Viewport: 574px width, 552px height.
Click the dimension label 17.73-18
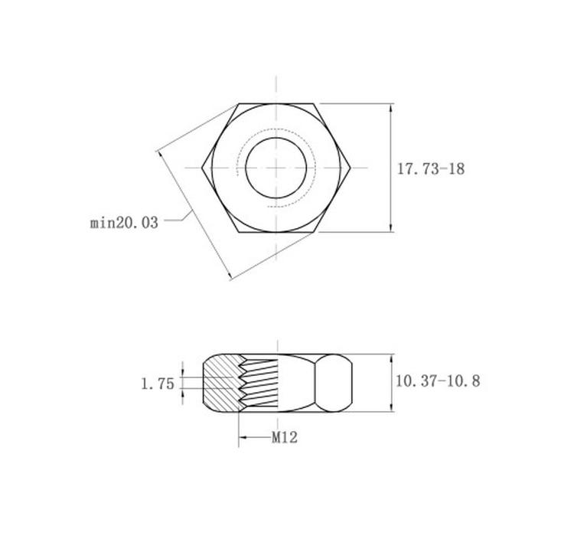(x=431, y=169)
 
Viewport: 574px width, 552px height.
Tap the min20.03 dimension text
(x=124, y=223)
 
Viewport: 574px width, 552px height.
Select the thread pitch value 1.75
(x=158, y=384)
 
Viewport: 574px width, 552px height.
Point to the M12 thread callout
(x=285, y=437)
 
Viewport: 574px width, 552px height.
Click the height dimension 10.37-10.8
(x=438, y=381)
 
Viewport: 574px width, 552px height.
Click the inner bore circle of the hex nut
(x=276, y=138)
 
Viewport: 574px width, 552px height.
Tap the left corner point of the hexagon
(x=202, y=168)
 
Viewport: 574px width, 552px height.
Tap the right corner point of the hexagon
(x=351, y=168)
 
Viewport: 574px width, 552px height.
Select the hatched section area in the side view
(x=221, y=383)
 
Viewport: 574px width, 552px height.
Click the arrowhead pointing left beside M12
(x=243, y=437)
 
